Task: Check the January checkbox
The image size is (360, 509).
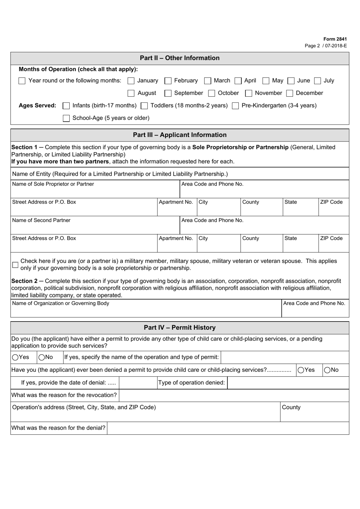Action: [131, 81]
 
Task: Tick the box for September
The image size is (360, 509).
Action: [168, 93]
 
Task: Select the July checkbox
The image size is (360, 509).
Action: [318, 81]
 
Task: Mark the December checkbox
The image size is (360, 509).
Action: [290, 93]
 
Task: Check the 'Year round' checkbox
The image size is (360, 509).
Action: [22, 81]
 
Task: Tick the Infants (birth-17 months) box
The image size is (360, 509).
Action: [66, 106]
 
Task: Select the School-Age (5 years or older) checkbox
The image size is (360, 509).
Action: [66, 118]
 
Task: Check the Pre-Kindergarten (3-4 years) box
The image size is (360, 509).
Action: [235, 106]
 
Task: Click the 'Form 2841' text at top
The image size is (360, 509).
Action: [335, 39]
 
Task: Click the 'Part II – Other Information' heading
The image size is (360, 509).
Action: [180, 58]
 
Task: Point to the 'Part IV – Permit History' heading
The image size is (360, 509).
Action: [180, 328]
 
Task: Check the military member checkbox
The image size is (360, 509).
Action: [15, 265]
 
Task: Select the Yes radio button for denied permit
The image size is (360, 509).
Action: [301, 370]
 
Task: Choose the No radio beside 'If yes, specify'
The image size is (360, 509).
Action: [42, 357]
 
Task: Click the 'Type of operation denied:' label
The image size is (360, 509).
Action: [191, 383]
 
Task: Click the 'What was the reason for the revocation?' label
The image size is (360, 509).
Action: [64, 395]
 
